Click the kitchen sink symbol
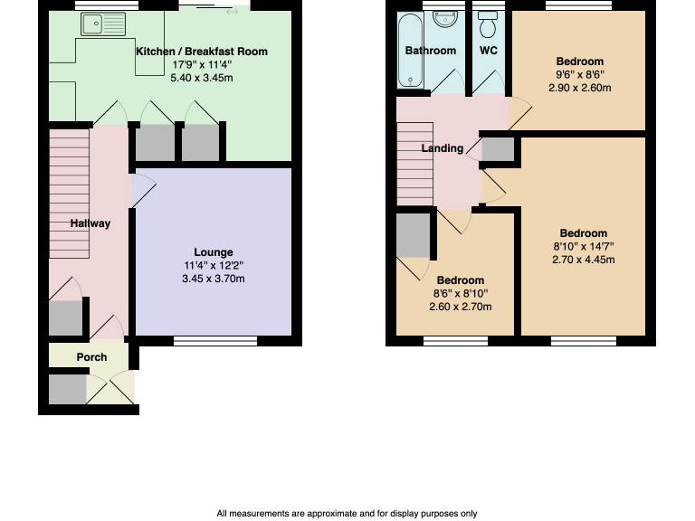coord(102,24)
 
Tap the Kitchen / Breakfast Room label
coord(202,52)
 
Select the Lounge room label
coord(214,252)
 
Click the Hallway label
coord(90,223)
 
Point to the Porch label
coord(91,357)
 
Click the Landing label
coord(443,148)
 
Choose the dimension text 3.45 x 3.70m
coord(214,279)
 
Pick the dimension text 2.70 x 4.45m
coord(584,260)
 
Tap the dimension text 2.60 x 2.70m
coord(460,307)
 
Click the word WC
coord(489,51)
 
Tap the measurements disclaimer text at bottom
coord(347,514)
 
